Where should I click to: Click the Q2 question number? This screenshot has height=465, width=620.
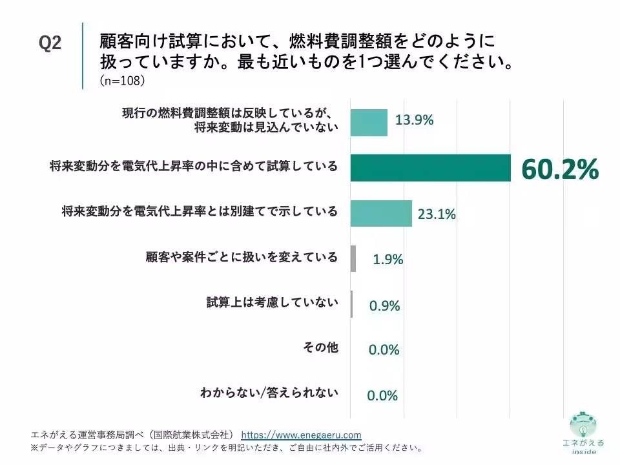(50, 43)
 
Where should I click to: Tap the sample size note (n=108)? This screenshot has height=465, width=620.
(122, 81)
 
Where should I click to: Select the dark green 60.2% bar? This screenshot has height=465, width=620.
(431, 168)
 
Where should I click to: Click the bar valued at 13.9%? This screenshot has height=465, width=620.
(369, 123)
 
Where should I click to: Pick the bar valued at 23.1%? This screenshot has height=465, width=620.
(381, 214)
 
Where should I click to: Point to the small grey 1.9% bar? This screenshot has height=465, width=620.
(353, 258)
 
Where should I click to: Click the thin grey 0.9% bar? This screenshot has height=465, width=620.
(351, 304)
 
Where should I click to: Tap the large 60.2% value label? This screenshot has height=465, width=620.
(560, 169)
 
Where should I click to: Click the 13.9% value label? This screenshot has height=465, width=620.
(415, 119)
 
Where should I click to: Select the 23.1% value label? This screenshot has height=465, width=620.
(437, 214)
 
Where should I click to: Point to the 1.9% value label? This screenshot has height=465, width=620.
(388, 260)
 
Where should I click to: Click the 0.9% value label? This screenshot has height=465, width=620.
(384, 305)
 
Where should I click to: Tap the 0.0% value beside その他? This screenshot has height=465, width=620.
(384, 350)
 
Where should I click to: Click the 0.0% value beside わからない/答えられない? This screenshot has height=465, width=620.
(382, 395)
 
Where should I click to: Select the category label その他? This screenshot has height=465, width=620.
(321, 347)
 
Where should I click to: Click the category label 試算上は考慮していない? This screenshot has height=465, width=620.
(273, 302)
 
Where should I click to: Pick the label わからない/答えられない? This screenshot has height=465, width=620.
(269, 393)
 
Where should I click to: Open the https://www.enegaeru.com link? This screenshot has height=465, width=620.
(301, 435)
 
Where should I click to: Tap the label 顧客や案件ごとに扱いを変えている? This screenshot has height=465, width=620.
(242, 257)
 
